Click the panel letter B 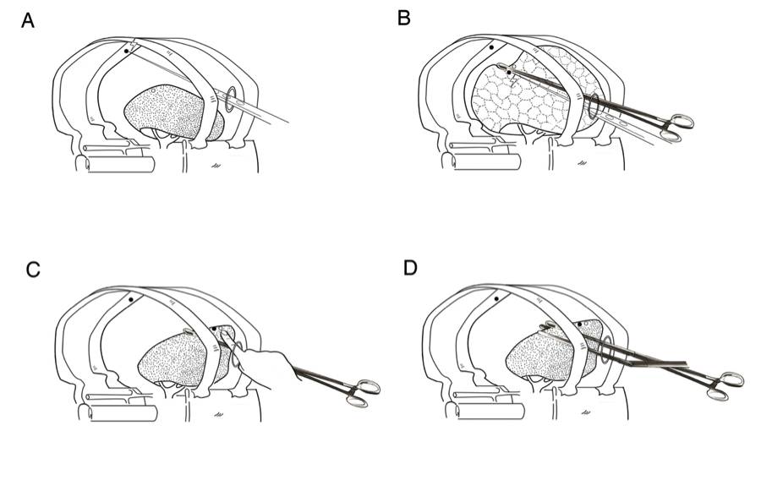404,18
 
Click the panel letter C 34,269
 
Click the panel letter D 410,268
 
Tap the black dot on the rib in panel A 127,51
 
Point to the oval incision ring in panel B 594,108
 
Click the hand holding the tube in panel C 262,368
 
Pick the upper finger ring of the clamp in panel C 369,386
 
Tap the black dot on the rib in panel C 129,299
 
